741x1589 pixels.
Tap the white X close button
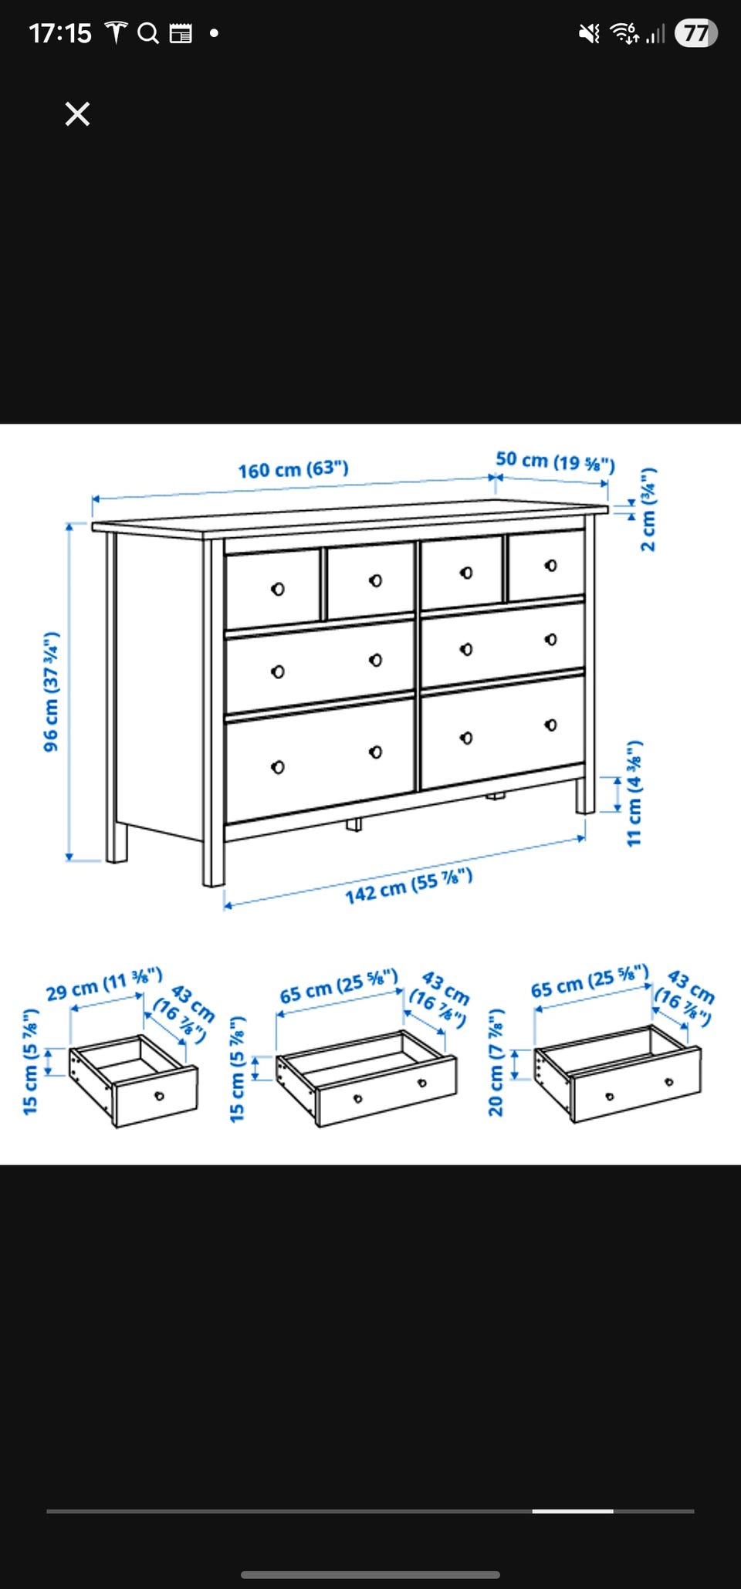tap(77, 114)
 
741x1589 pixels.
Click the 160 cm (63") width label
tap(293, 469)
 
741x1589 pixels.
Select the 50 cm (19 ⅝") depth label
tap(555, 461)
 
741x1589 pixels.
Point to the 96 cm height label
tap(51, 691)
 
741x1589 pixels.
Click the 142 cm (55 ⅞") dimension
tap(408, 886)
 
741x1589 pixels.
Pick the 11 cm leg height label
tap(634, 793)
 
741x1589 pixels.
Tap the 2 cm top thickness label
tap(648, 509)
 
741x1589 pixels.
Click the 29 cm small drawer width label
tap(104, 982)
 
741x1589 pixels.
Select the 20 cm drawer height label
tap(496, 1062)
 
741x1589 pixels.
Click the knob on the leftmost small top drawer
tap(278, 590)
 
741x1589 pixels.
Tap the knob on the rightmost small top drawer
tap(550, 566)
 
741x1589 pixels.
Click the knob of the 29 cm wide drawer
tap(160, 1096)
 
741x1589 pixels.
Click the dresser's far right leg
tap(585, 795)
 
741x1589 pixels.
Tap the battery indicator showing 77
tap(696, 33)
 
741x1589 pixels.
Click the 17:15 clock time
tap(60, 33)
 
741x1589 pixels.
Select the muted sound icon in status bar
tap(589, 33)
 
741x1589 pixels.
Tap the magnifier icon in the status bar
tap(148, 33)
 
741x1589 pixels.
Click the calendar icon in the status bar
tap(181, 33)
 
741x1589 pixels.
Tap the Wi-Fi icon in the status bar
tap(624, 32)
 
